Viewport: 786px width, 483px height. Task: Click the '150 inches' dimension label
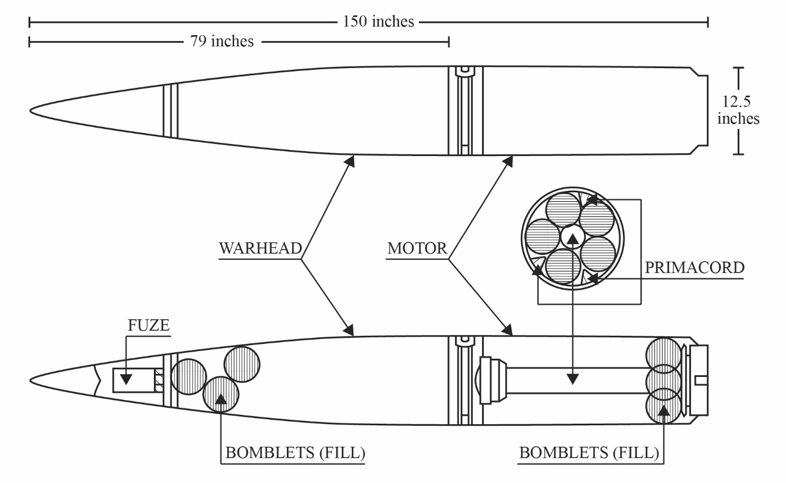(x=378, y=21)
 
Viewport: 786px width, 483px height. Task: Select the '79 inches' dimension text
(x=222, y=41)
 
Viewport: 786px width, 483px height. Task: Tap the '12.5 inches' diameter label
(x=738, y=110)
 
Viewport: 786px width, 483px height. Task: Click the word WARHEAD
(x=261, y=248)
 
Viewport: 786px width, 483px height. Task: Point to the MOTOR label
(x=417, y=248)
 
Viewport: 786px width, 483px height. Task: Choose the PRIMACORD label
(x=694, y=268)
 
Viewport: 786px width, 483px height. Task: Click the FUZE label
(x=149, y=325)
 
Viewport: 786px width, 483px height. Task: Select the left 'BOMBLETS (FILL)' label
(x=295, y=452)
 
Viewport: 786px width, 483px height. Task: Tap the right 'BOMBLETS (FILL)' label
(x=589, y=452)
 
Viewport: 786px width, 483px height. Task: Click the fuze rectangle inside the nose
(x=134, y=380)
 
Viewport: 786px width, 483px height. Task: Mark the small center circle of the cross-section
(x=572, y=237)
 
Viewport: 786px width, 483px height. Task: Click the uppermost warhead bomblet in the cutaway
(x=242, y=364)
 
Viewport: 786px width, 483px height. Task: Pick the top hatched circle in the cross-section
(x=563, y=209)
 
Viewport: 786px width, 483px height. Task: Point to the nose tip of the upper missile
(x=30, y=111)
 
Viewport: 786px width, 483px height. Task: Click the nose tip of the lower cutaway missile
(x=30, y=380)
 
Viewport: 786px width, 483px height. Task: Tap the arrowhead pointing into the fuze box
(x=126, y=379)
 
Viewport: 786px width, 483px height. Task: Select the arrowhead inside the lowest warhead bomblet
(x=221, y=399)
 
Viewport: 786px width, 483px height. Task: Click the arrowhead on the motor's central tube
(x=573, y=379)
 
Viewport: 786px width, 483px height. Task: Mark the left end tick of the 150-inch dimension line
(x=30, y=22)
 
